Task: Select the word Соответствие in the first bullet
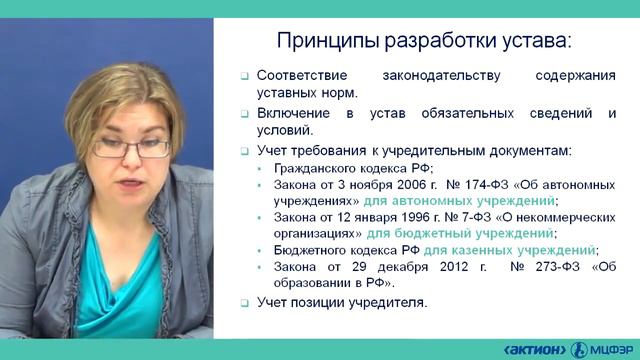point(303,75)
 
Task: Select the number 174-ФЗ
point(486,186)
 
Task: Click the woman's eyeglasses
point(133,146)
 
